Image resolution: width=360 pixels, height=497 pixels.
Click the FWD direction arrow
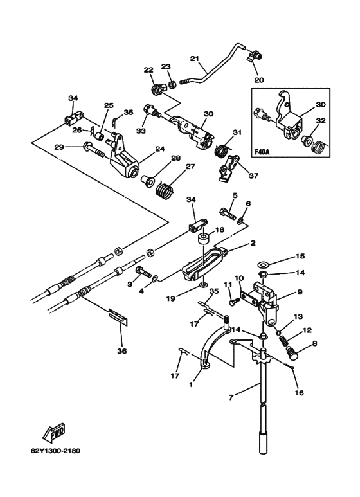[x=54, y=433]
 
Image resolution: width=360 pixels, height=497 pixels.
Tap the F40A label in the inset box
[x=262, y=152]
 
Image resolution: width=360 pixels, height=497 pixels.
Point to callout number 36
[x=122, y=351]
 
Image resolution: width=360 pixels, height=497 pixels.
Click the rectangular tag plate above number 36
[x=119, y=316]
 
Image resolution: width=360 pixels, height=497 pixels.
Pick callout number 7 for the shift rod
[x=231, y=397]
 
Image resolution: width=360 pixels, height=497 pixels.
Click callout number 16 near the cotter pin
[x=299, y=393]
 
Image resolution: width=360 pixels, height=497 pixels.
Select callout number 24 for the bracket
[x=160, y=149]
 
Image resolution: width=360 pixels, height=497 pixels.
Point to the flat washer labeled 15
[x=262, y=264]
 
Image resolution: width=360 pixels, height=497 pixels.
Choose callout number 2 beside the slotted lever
[x=253, y=243]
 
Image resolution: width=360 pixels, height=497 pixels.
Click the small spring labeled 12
[x=284, y=341]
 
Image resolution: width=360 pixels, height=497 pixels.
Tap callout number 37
[x=254, y=176]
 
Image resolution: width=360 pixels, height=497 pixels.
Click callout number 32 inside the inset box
[x=321, y=120]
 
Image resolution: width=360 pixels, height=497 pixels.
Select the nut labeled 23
[x=172, y=85]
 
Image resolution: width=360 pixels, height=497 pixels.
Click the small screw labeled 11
[x=234, y=302]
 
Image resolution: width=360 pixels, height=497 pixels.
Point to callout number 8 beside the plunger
[x=314, y=343]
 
